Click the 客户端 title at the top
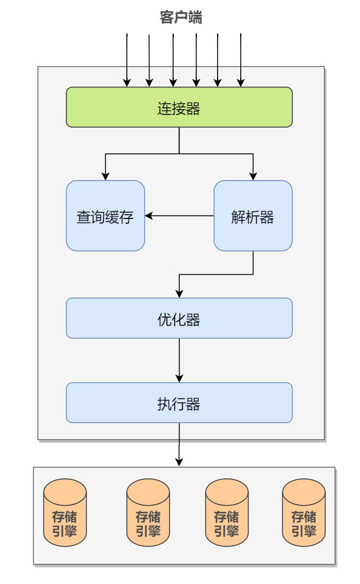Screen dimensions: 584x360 [180, 18]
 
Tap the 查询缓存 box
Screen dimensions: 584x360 [105, 216]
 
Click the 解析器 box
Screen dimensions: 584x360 [253, 216]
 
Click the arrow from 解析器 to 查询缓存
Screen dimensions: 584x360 [180, 216]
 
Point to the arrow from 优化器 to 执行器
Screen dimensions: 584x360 [179, 360]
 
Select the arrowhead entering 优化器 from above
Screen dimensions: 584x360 [179, 293]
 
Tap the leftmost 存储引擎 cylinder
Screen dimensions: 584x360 [65, 513]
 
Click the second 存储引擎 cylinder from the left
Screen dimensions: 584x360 [148, 513]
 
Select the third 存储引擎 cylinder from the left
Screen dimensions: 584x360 [227, 513]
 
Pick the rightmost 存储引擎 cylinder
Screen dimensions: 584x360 [304, 513]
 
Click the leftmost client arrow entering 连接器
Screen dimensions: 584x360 [127, 59]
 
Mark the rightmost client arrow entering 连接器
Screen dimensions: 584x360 [241, 59]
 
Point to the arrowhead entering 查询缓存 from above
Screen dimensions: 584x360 [106, 176]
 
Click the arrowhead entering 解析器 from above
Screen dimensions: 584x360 [253, 176]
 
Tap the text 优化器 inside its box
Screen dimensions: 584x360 [179, 319]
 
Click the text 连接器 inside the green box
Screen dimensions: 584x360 [179, 109]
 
